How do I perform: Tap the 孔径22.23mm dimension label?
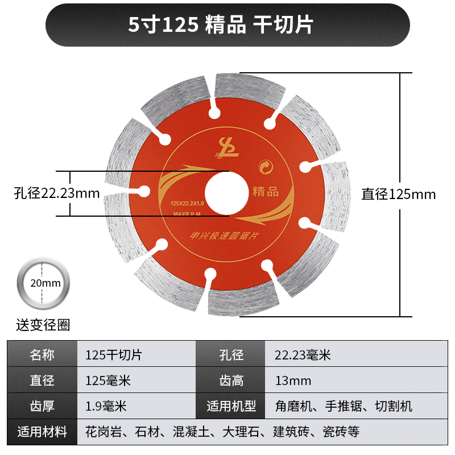pos(56,193)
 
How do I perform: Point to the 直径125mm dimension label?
pos(398,195)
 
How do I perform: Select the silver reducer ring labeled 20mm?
pos(43,283)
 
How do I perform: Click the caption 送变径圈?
pos(43,325)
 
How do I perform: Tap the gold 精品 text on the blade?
pos(265,191)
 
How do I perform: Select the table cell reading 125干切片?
pos(114,355)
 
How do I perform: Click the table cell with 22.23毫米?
pos(302,355)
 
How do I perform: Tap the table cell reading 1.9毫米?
pos(106,406)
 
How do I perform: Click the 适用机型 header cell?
pos(231,406)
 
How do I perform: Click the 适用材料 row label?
pos(42,432)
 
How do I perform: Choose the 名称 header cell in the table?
pos(42,355)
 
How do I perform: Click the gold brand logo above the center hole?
pos(226,147)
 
